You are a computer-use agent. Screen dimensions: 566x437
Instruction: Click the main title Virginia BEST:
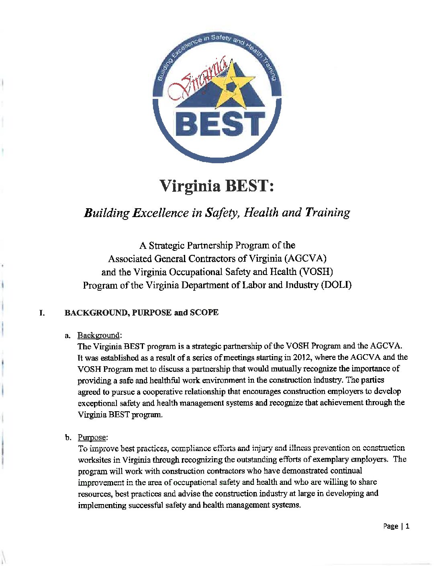click(x=216, y=186)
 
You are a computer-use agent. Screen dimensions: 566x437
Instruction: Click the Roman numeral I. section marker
click(x=42, y=313)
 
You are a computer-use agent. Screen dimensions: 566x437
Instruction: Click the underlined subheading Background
click(x=98, y=335)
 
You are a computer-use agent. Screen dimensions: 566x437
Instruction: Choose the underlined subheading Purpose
click(x=92, y=437)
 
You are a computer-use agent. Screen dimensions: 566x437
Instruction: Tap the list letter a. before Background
click(x=68, y=336)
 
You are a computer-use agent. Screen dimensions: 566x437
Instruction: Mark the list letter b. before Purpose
click(x=68, y=437)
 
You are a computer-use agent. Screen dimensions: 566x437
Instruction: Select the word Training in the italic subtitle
click(x=327, y=212)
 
